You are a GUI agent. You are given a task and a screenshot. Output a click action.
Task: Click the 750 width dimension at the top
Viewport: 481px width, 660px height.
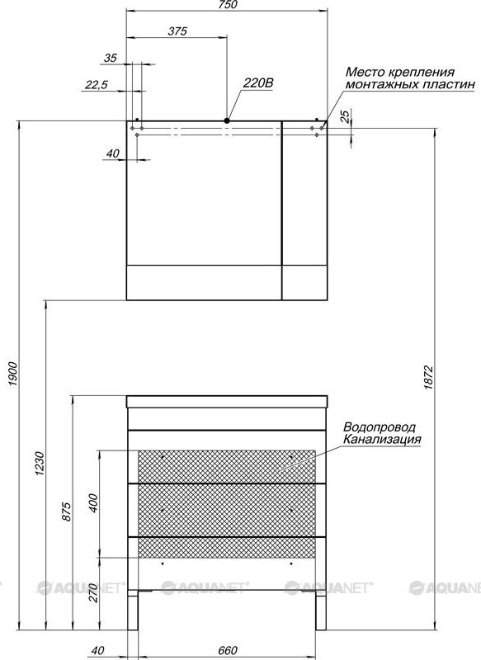[x=228, y=5]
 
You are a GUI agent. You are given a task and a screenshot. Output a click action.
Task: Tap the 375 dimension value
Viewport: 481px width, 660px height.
[x=177, y=31]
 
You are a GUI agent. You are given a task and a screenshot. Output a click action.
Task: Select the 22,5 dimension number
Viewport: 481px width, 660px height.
[x=97, y=85]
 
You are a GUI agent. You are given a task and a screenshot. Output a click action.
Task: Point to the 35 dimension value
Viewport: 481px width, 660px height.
[x=111, y=58]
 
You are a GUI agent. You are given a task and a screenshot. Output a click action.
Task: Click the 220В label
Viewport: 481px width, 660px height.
[x=258, y=83]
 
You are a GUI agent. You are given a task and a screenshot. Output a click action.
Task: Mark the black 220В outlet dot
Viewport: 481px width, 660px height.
[x=227, y=120]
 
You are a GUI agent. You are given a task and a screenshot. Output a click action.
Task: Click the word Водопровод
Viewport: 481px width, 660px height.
[x=380, y=427]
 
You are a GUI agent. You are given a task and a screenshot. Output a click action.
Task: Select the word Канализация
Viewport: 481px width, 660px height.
[x=382, y=439]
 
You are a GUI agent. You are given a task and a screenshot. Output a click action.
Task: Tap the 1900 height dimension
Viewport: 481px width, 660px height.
[x=12, y=375]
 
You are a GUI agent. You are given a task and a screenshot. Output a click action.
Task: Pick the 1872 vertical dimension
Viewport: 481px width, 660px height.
[x=428, y=378]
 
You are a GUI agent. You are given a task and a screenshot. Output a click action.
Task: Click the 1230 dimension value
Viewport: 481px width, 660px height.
[x=39, y=464]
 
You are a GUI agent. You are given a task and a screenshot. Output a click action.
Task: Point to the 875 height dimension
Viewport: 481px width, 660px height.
[x=67, y=511]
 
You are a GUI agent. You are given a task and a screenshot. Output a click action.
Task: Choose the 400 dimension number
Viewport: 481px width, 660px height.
[x=93, y=503]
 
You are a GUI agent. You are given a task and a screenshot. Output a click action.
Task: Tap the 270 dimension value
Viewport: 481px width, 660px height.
[x=93, y=593]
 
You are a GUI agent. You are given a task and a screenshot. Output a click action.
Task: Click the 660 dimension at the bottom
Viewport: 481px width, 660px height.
[x=228, y=650]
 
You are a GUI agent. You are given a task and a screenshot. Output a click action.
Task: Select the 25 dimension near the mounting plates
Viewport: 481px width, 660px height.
[x=345, y=115]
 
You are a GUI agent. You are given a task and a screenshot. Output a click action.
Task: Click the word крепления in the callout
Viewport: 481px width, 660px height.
[x=422, y=73]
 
